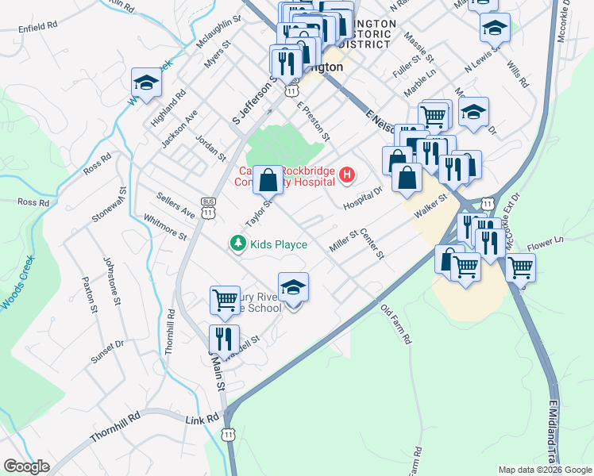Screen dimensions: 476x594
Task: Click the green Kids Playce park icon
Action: pyautogui.click(x=237, y=244)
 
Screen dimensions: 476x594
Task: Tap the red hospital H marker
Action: pyautogui.click(x=346, y=175)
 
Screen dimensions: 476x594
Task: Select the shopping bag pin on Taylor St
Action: pyautogui.click(x=268, y=180)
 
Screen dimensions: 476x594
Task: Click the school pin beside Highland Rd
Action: pyautogui.click(x=146, y=82)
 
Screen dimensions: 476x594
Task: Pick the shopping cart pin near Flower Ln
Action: pyautogui.click(x=520, y=267)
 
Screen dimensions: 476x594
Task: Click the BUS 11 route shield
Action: pyautogui.click(x=209, y=208)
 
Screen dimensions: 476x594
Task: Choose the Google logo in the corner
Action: pyautogui.click(x=26, y=466)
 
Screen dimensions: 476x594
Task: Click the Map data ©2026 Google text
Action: pyautogui.click(x=544, y=470)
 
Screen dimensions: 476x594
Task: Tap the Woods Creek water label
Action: pyautogui.click(x=17, y=282)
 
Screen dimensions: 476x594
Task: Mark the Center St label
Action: pyautogui.click(x=372, y=245)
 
